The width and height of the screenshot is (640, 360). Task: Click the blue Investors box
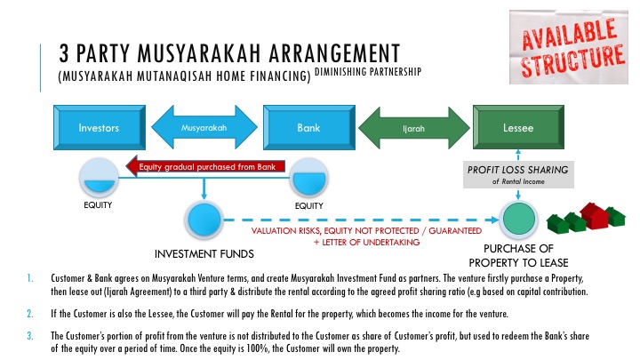tap(100, 127)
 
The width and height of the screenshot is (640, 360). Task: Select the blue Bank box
tap(309, 127)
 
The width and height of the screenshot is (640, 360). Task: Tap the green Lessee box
tap(518, 127)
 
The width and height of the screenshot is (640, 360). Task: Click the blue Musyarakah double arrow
tap(204, 127)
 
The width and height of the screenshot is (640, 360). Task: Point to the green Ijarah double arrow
tap(414, 128)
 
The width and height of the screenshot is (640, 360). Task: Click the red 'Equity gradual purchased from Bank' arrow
tap(205, 166)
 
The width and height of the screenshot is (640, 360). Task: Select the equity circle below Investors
tap(99, 179)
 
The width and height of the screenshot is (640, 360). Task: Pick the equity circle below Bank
tap(309, 179)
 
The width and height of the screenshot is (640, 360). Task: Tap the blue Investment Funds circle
tap(204, 220)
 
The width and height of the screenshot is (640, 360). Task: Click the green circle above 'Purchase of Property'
tap(519, 220)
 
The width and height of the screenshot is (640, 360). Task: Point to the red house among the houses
tap(595, 215)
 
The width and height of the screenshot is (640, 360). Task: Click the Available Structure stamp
tap(569, 47)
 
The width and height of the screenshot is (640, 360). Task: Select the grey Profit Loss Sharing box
tap(518, 174)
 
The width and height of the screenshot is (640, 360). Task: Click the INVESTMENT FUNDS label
tap(204, 254)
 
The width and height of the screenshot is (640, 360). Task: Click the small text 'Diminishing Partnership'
tap(368, 72)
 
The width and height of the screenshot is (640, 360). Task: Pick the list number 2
tap(30, 314)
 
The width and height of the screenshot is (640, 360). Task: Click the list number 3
tap(30, 336)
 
